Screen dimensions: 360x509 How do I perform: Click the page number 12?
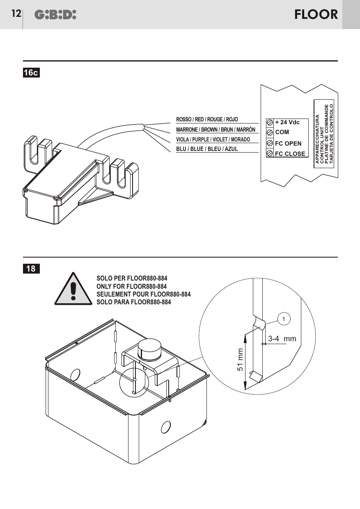pyautogui.click(x=16, y=14)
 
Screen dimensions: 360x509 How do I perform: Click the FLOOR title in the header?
pyautogui.click(x=316, y=14)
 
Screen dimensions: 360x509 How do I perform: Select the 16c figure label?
pyautogui.click(x=31, y=73)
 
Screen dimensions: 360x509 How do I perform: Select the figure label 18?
pyautogui.click(x=31, y=269)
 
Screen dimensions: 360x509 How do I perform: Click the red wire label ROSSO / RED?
pyautogui.click(x=207, y=119)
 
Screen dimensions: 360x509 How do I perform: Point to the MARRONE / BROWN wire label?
pyautogui.click(x=216, y=130)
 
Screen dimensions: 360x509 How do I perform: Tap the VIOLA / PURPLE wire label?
pyautogui.click(x=213, y=139)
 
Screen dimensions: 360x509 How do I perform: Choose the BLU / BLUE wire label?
pyautogui.click(x=207, y=149)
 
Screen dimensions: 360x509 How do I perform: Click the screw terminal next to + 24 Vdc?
pyautogui.click(x=270, y=123)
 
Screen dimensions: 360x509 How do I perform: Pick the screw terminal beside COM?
pyautogui.click(x=270, y=132)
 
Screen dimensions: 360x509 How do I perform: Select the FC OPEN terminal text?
pyautogui.click(x=288, y=144)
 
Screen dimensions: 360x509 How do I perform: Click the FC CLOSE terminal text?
pyautogui.click(x=290, y=154)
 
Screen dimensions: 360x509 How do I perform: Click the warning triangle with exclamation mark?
pyautogui.click(x=73, y=289)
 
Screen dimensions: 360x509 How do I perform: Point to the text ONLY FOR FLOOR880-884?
pyautogui.click(x=131, y=286)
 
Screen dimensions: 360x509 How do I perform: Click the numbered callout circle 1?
pyautogui.click(x=284, y=319)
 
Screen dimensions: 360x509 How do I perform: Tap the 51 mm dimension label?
pyautogui.click(x=240, y=360)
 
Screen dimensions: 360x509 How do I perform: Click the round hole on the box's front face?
pyautogui.click(x=166, y=427)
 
